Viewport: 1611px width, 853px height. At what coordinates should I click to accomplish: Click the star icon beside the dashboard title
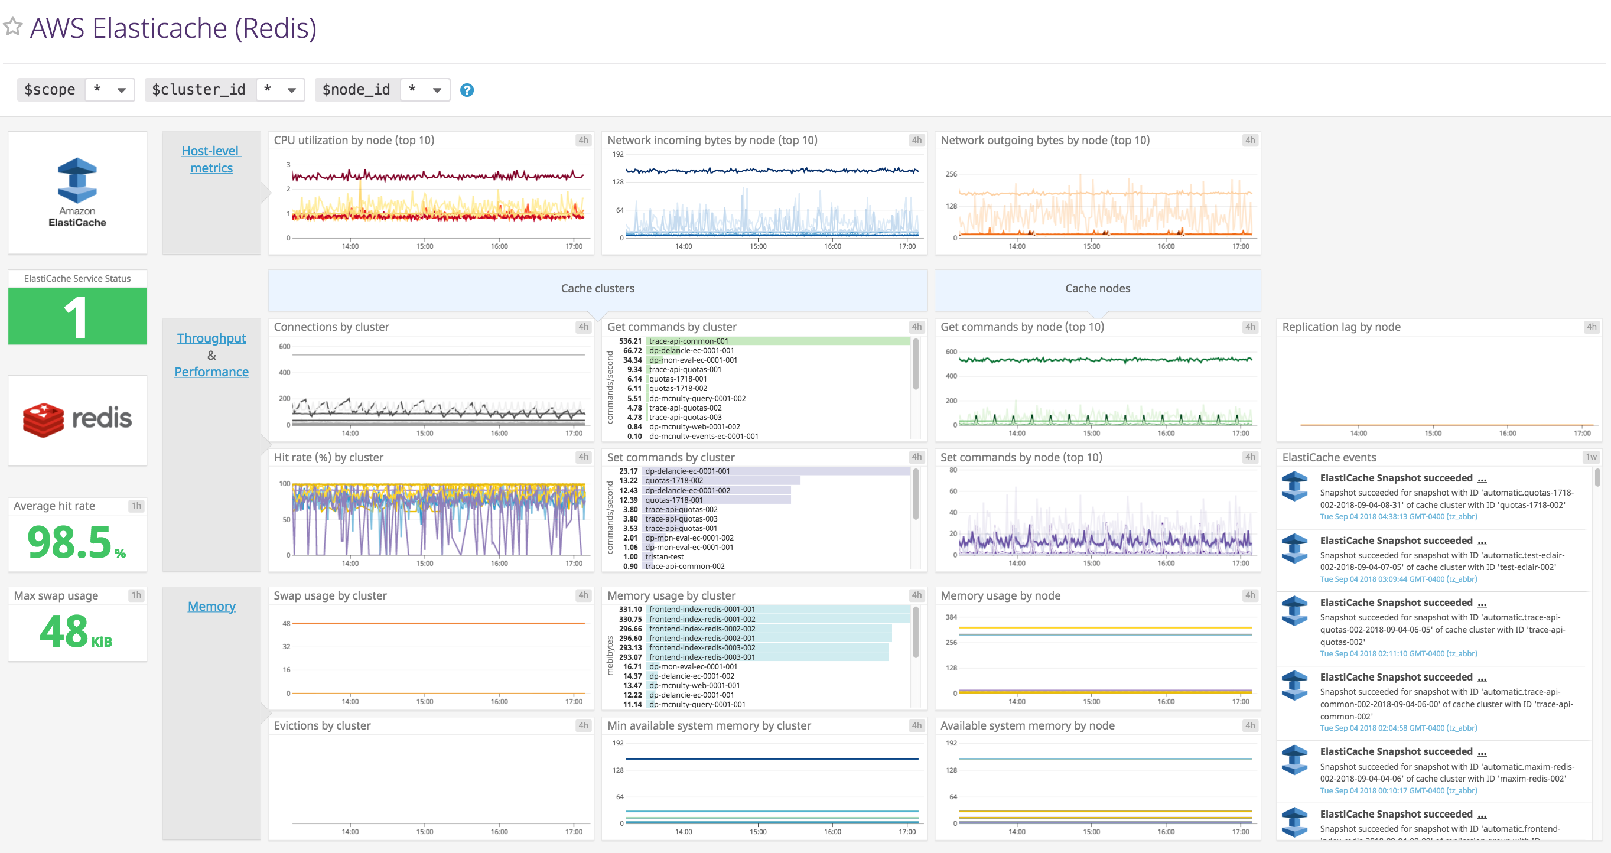[x=13, y=27]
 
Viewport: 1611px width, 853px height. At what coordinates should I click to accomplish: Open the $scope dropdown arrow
[x=121, y=90]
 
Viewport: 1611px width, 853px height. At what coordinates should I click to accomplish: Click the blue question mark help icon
[x=467, y=90]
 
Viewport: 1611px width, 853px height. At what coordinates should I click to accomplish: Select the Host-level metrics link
[x=211, y=159]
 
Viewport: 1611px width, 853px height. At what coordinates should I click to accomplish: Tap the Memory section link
[x=211, y=606]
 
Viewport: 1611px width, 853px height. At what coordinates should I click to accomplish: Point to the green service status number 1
[x=76, y=317]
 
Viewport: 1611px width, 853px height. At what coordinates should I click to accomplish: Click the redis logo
[x=77, y=419]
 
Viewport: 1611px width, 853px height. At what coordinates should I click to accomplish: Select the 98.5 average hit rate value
[x=70, y=542]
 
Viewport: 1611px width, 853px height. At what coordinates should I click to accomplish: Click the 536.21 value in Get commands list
[x=630, y=341]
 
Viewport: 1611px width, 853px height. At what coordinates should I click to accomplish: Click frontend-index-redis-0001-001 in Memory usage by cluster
[x=702, y=609]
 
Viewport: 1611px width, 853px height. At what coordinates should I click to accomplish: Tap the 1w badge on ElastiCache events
[x=1590, y=457]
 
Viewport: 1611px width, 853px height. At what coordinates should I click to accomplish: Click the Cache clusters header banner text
[x=597, y=288]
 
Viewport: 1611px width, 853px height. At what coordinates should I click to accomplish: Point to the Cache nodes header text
[x=1098, y=288]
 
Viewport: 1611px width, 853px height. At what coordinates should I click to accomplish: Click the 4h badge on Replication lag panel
[x=1591, y=327]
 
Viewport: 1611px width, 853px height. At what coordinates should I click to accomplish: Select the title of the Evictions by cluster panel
[x=322, y=725]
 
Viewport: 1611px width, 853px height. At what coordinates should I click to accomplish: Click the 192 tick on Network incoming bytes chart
[x=618, y=154]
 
